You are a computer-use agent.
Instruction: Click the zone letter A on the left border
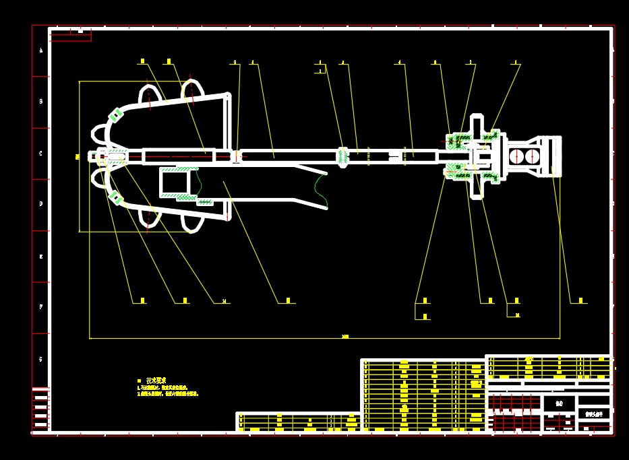(x=40, y=51)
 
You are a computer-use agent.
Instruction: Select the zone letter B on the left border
(x=40, y=102)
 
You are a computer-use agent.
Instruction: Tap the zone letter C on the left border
(x=40, y=154)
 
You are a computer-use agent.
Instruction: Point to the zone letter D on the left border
(x=40, y=204)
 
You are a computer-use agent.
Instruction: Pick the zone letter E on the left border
(x=40, y=257)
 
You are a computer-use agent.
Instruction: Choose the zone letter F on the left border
(x=40, y=307)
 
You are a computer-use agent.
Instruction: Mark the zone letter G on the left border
(x=40, y=359)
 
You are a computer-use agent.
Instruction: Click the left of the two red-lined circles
(x=516, y=156)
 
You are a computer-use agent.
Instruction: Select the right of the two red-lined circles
(x=533, y=156)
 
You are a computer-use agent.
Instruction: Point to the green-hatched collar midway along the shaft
(x=342, y=156)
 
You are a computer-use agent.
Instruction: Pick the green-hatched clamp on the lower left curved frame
(x=115, y=197)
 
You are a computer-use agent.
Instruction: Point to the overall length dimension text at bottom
(x=345, y=336)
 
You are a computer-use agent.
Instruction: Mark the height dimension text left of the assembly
(x=78, y=157)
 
